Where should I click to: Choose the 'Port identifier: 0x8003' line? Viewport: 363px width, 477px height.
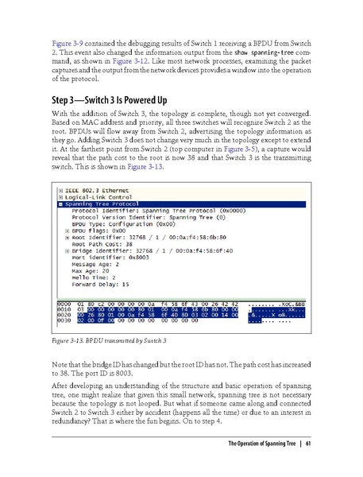coord(110,270)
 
